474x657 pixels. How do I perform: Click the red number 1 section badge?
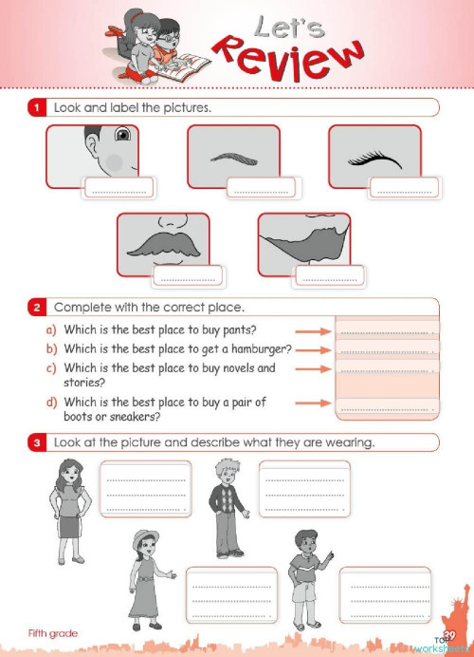[x=36, y=108]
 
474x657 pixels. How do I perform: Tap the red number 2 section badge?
[x=36, y=308]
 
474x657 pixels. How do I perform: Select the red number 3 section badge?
[x=36, y=442]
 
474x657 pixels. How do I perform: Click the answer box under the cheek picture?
[x=117, y=190]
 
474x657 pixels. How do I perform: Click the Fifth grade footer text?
[x=52, y=633]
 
